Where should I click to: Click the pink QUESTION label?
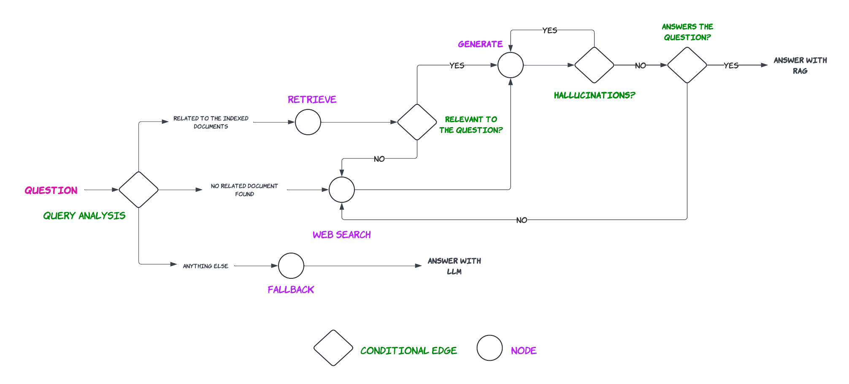click(x=51, y=190)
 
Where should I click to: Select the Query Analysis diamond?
click(x=138, y=190)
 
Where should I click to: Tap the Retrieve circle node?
click(x=308, y=122)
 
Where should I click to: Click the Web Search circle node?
click(x=342, y=190)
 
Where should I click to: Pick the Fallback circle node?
click(x=291, y=266)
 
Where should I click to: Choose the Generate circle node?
click(x=511, y=65)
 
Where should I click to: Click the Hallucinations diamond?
click(x=594, y=65)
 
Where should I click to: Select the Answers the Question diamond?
click(x=687, y=65)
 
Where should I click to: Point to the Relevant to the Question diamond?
click(x=417, y=122)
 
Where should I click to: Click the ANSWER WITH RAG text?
click(x=800, y=65)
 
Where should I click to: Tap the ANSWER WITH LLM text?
click(x=454, y=266)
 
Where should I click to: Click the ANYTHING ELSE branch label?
click(x=205, y=266)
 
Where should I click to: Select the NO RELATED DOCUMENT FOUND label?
click(x=244, y=190)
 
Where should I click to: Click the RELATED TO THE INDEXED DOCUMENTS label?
click(x=211, y=123)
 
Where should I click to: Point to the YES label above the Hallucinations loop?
click(x=550, y=30)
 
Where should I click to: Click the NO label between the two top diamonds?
click(x=641, y=65)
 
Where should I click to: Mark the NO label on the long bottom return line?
click(x=522, y=220)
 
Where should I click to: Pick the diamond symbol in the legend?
click(x=333, y=348)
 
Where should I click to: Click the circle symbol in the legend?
click(x=489, y=348)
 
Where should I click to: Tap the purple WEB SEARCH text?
click(x=342, y=235)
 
